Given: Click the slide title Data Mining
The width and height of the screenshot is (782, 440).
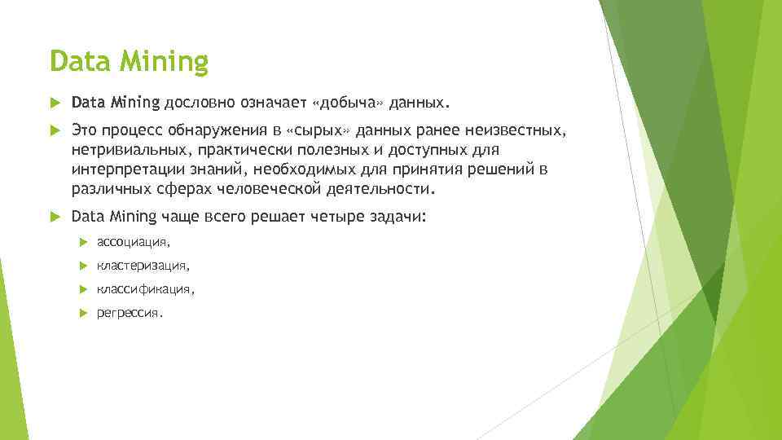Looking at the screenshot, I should (x=129, y=61).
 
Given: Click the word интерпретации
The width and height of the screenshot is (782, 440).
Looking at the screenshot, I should (x=125, y=169).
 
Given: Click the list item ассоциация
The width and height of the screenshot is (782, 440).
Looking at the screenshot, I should (x=133, y=242).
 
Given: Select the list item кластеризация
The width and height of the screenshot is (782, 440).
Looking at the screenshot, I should (x=143, y=266).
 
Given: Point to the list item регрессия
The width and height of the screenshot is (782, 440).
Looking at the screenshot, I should (x=130, y=313).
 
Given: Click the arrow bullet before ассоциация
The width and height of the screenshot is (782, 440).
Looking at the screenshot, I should (x=83, y=242).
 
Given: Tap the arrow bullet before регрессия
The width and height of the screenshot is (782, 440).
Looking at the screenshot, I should (x=83, y=313).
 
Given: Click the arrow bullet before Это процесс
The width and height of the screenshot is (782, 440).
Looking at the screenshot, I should (x=55, y=131).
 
